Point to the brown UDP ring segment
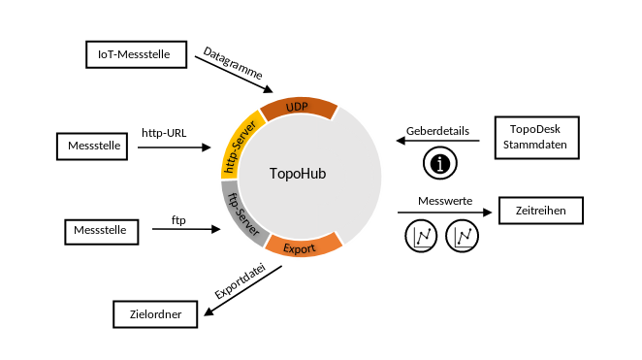299,108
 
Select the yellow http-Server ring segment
239,146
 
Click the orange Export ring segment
303,246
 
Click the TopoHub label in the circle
298,174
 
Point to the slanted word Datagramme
233,63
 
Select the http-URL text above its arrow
164,133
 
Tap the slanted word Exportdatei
241,281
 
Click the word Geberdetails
437,131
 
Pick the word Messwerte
445,201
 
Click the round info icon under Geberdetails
440,163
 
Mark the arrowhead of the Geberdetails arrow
401,141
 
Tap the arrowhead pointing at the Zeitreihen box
487,213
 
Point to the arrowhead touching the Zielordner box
209,311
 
